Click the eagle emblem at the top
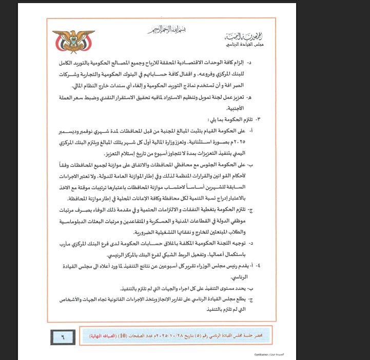point(73,41)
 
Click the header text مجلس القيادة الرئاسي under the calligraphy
point(247,46)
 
